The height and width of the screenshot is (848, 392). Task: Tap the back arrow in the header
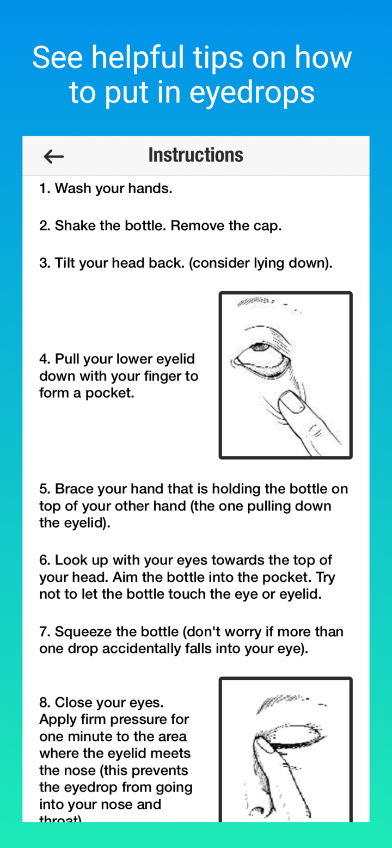point(53,157)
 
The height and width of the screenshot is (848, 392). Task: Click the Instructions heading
point(195,155)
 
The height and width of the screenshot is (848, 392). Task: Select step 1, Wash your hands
point(106,189)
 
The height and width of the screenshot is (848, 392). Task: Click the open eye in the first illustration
point(261,353)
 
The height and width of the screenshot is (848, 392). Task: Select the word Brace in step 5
point(73,489)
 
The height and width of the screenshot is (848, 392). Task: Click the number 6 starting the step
point(43,560)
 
